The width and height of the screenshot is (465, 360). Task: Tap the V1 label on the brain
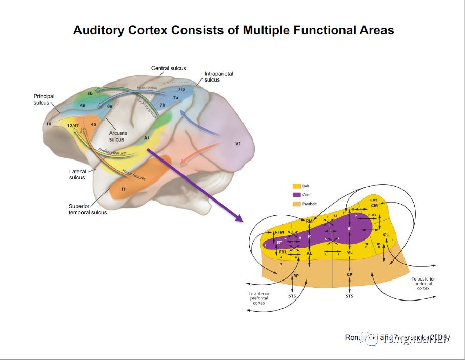point(238,144)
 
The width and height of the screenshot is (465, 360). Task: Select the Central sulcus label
point(168,68)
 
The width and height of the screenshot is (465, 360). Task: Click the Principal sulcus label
point(44,99)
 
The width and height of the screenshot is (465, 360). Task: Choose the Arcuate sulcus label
point(117,136)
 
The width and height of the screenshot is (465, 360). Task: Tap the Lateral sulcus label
point(77,175)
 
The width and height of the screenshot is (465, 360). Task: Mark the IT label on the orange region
point(124,189)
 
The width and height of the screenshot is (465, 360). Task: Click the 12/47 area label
point(72,125)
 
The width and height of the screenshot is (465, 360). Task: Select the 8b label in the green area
point(90,93)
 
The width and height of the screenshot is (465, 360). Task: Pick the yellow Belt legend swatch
point(296,186)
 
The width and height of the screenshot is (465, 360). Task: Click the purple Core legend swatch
point(296,195)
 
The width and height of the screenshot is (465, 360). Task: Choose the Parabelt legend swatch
point(296,204)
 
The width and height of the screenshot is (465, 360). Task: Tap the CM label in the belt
point(374,205)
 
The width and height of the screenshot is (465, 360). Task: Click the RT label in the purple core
point(279,242)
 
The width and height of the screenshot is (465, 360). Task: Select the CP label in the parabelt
point(349,275)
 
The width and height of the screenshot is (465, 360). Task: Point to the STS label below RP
point(292,296)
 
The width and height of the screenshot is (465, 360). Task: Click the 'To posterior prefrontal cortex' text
point(423,284)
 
